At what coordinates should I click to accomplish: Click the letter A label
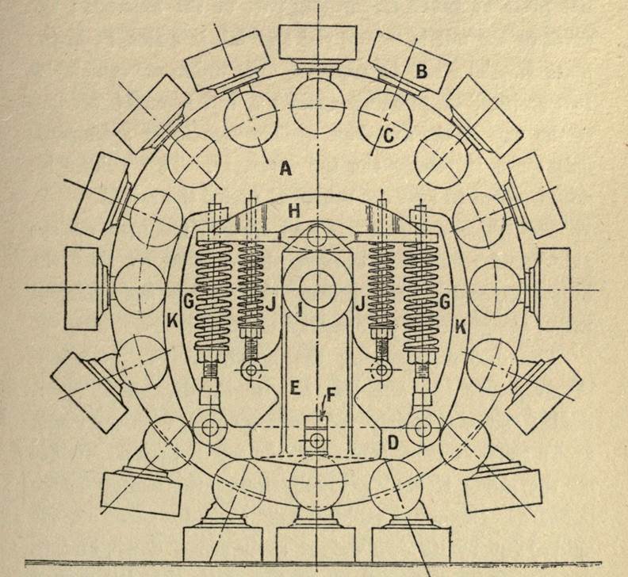[285, 169]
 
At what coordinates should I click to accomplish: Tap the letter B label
[422, 71]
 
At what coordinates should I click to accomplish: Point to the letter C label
[389, 136]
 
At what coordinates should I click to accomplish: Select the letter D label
[393, 443]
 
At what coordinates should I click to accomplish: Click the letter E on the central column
[295, 388]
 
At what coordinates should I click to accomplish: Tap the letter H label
[294, 211]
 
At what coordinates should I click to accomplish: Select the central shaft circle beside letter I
[318, 288]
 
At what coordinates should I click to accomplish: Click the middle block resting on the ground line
[316, 545]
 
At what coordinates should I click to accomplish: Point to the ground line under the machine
[313, 563]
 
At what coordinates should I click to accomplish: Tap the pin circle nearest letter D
[421, 428]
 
